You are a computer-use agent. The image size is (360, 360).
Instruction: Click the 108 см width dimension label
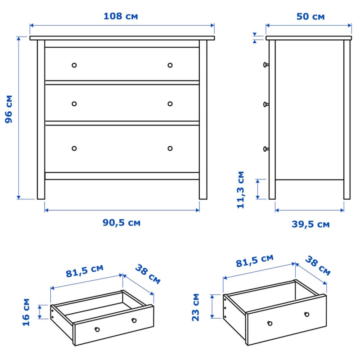click(x=121, y=16)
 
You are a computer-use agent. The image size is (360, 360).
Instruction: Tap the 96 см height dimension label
click(x=9, y=109)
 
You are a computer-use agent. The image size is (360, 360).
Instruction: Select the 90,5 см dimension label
click(x=121, y=222)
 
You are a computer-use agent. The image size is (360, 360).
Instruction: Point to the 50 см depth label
click(x=310, y=17)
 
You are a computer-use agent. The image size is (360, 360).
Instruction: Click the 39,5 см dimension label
click(x=310, y=224)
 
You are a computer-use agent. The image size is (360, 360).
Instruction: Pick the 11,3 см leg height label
click(x=240, y=189)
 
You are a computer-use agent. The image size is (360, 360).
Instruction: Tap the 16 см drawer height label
click(x=26, y=312)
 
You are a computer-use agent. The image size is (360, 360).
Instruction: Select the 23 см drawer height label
click(x=195, y=307)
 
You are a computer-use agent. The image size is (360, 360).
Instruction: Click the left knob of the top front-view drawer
click(x=74, y=65)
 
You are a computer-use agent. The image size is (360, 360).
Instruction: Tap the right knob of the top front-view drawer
click(x=170, y=65)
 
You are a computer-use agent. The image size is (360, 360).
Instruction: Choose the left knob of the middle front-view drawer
click(x=74, y=104)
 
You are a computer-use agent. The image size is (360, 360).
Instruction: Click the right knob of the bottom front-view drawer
click(x=170, y=148)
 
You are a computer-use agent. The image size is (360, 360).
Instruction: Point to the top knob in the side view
click(x=266, y=65)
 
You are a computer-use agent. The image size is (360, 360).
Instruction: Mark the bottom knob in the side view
click(x=266, y=149)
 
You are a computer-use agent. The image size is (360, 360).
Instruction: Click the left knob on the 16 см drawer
click(x=97, y=329)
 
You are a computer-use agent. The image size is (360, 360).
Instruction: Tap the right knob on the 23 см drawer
click(x=307, y=314)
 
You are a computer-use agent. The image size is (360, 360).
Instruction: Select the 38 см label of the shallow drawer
click(x=148, y=274)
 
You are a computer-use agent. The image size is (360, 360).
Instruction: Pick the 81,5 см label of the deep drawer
click(x=255, y=261)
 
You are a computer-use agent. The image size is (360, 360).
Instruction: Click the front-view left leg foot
click(x=41, y=197)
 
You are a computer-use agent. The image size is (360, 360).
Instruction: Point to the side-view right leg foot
click(x=347, y=197)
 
